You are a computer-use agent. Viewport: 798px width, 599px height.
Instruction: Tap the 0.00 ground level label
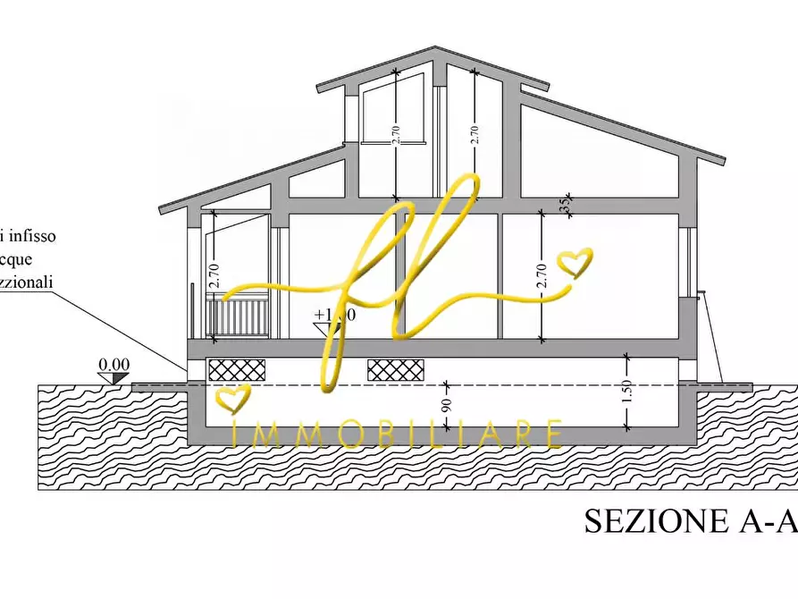[113, 364]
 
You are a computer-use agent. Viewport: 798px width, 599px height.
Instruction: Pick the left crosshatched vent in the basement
[236, 369]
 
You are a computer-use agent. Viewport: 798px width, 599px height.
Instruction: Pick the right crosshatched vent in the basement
[396, 369]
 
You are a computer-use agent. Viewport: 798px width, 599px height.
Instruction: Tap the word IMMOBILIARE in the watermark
[398, 434]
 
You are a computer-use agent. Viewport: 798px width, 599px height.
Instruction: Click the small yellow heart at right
[575, 262]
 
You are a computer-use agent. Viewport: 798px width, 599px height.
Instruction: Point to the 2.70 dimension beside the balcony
[214, 276]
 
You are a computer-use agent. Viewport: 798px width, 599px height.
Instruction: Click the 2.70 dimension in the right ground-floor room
[541, 276]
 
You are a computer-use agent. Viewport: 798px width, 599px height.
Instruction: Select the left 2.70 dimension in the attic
[395, 134]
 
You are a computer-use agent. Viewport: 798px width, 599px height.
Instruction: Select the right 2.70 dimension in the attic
[475, 134]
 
